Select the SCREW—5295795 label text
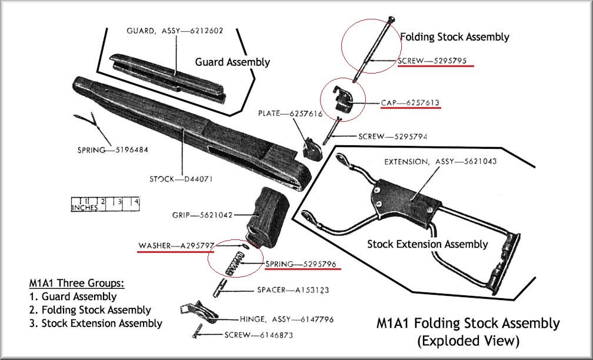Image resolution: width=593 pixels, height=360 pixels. point(435,61)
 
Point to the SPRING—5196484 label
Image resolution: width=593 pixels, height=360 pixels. point(112,149)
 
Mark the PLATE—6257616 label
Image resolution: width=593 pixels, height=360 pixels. point(289,114)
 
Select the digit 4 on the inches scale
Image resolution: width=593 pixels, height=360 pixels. point(136,201)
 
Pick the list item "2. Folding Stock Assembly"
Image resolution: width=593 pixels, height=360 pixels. point(90,310)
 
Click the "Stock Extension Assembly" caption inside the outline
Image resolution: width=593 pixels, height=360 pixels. point(428,244)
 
